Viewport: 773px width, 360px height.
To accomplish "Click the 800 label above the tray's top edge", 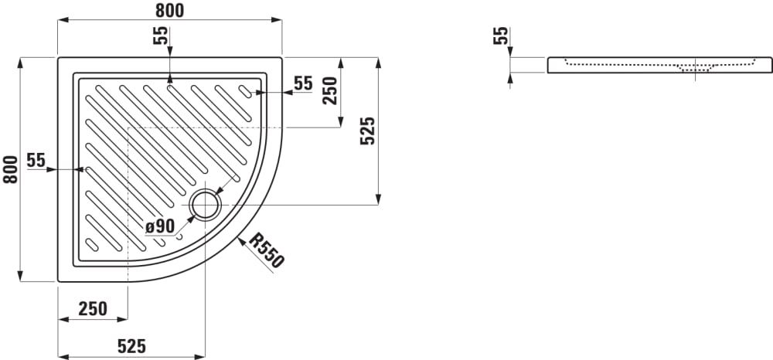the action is (x=170, y=10).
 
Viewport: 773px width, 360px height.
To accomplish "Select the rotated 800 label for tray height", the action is (x=10, y=169).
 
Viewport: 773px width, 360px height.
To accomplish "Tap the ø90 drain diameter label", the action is (x=160, y=226).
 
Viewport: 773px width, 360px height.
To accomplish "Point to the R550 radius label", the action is (x=267, y=250).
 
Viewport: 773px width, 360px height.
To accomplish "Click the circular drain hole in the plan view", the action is (x=204, y=205).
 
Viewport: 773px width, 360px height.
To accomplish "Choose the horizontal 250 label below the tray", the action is (x=93, y=309).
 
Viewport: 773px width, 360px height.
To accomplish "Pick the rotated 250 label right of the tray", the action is (x=330, y=90).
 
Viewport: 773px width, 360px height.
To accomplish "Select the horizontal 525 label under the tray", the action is (x=131, y=346).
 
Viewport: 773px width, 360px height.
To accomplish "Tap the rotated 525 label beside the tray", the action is (x=368, y=131).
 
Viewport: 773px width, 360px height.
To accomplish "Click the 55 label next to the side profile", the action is (x=500, y=36).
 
